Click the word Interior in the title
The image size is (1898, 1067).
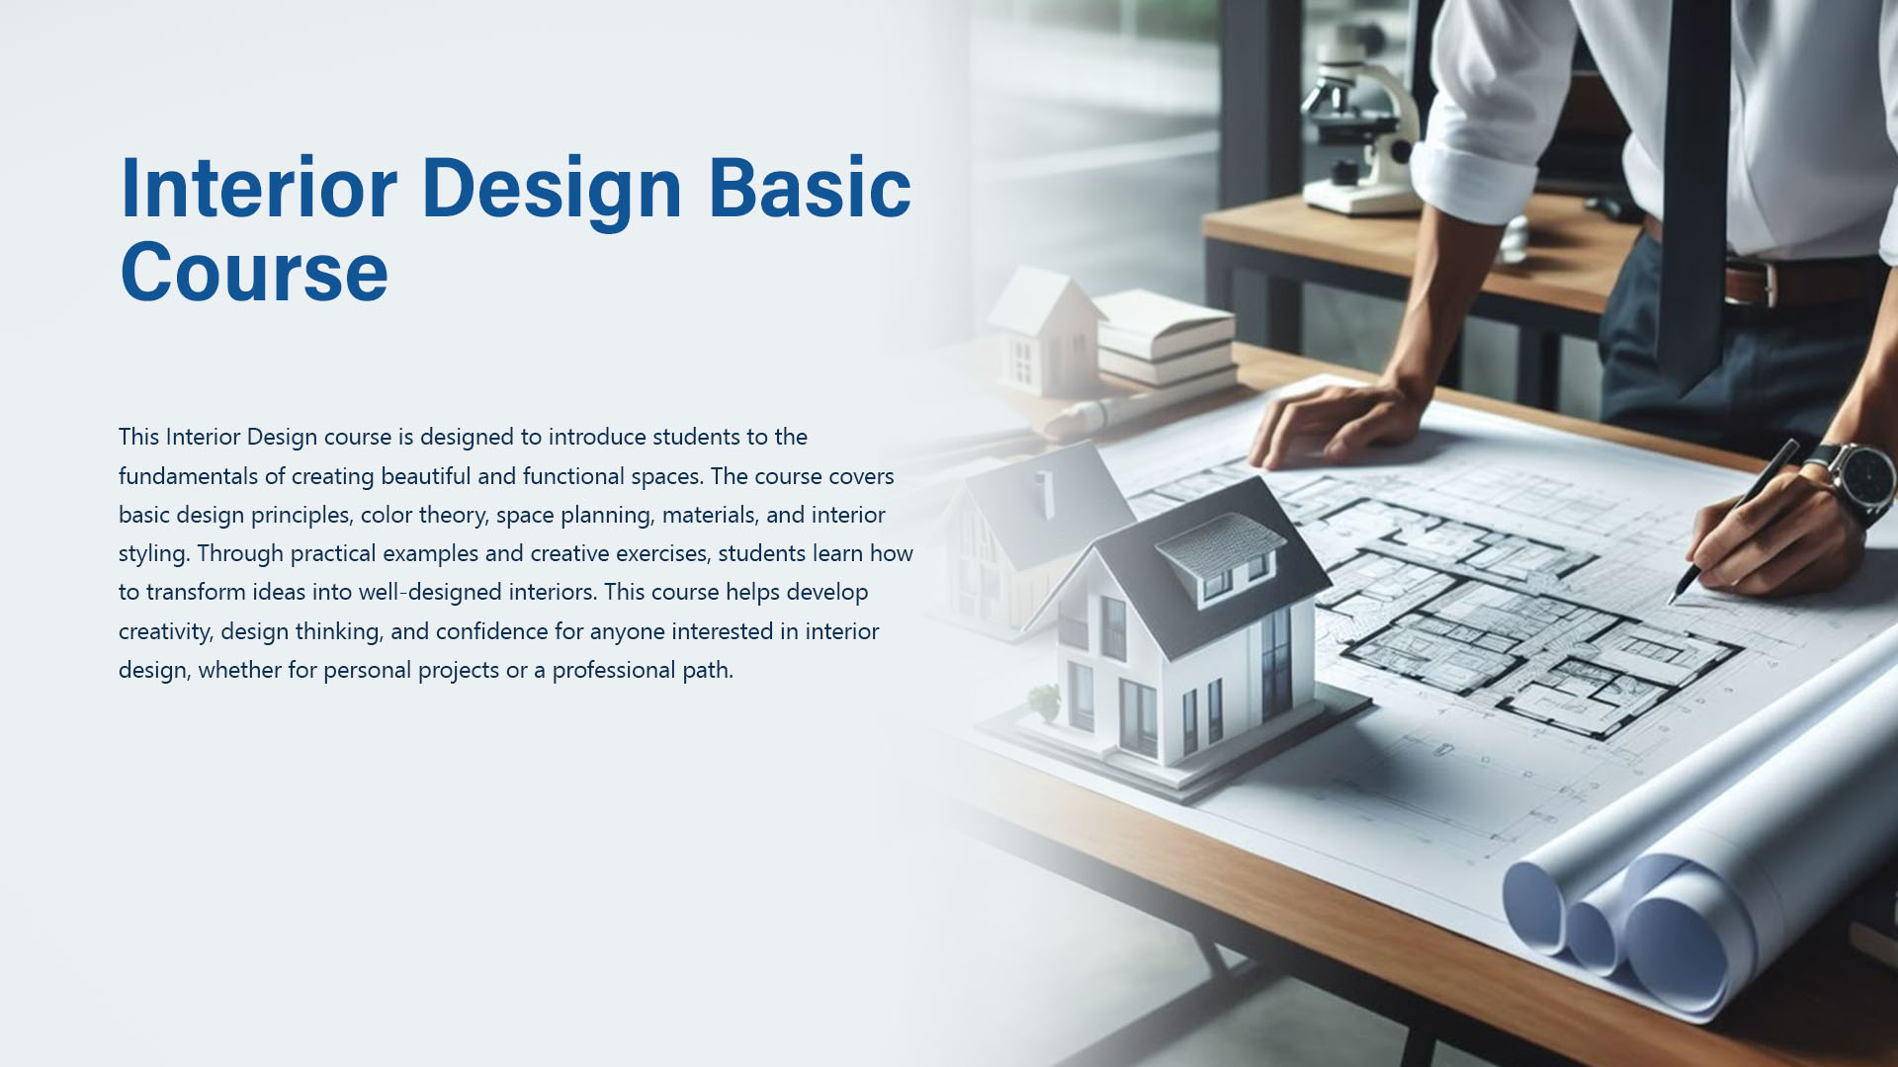pyautogui.click(x=258, y=188)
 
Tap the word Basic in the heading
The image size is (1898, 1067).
pyautogui.click(x=810, y=188)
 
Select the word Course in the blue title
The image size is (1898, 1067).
pyautogui.click(x=254, y=272)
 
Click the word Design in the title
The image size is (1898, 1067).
pyautogui.click(x=552, y=190)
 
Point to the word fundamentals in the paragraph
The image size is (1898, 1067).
pyautogui.click(x=188, y=476)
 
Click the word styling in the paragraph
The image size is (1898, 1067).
pyautogui.click(x=153, y=554)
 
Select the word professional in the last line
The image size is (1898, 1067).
pyautogui.click(x=613, y=670)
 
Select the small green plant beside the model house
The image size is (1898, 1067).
pyautogui.click(x=1044, y=702)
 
